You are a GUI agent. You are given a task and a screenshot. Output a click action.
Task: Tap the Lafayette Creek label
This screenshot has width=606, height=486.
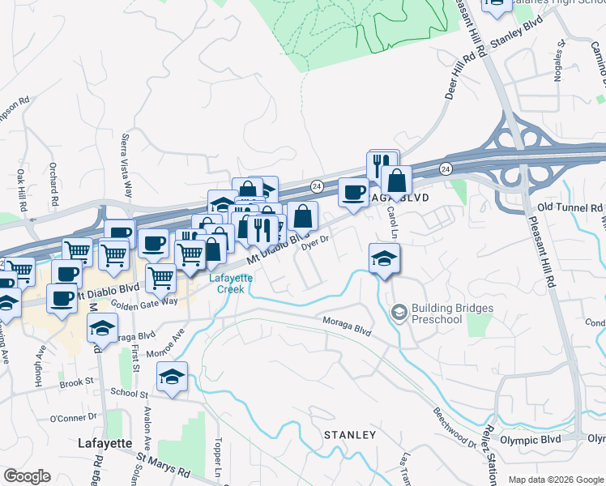click(232, 282)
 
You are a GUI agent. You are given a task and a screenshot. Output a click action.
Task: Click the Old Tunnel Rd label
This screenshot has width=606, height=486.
click(566, 207)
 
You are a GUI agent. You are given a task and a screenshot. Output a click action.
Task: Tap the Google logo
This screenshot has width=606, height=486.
click(27, 476)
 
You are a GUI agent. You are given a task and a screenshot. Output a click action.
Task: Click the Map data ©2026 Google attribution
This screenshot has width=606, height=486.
click(556, 480)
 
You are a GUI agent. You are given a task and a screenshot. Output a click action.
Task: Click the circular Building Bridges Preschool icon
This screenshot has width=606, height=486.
click(399, 312)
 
